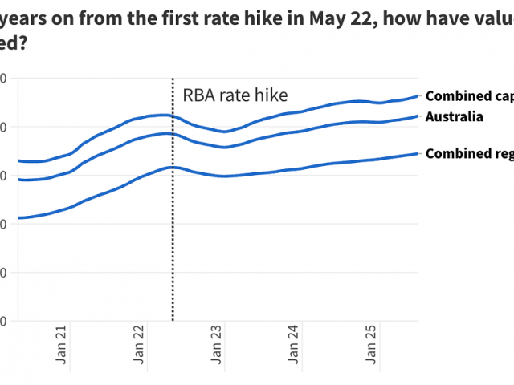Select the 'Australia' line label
pos(454,117)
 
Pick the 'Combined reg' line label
pos(469,153)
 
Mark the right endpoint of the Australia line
pos(418,116)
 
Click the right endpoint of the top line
pos(418,96)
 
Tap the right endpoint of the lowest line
pos(418,153)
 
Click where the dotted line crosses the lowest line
pos(173,167)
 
